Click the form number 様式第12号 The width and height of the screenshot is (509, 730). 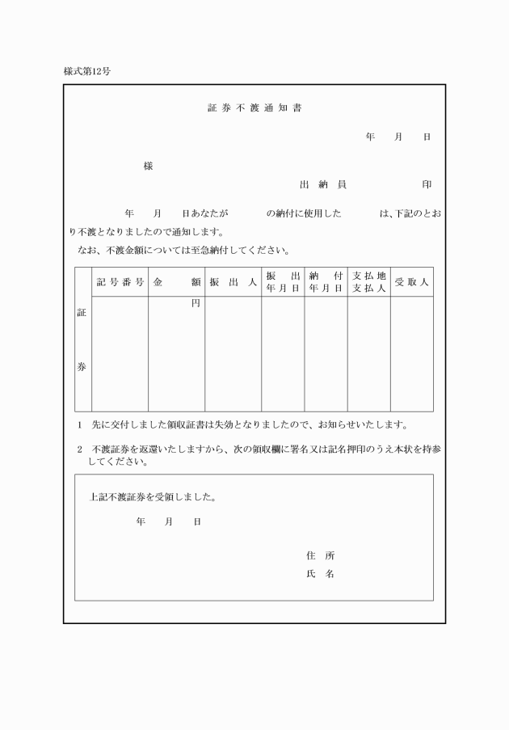pos(87,71)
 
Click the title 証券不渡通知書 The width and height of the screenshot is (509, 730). pos(254,108)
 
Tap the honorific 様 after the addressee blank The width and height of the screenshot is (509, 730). pos(148,167)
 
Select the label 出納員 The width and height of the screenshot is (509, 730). pos(323,184)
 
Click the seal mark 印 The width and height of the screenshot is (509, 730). pos(427,184)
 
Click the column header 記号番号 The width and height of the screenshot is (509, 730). pos(120,282)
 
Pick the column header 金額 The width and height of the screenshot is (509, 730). pos(176,282)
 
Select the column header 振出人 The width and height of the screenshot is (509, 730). pos(233,282)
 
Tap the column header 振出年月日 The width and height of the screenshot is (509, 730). pos(283,282)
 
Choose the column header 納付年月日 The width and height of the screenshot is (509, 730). pos(326,282)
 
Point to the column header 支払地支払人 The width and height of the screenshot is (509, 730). pos(369,282)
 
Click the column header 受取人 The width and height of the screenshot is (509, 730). pos(412,282)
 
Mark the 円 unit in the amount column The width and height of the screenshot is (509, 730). pos(195,304)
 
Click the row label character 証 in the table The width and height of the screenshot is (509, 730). pos(82,312)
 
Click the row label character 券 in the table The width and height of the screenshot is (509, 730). pos(82,366)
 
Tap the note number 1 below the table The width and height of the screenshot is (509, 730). pos(79,424)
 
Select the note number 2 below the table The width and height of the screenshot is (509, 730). pos(79,449)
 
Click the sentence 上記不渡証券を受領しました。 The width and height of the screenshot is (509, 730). pos(153,497)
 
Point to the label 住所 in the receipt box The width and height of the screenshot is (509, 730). pos(321,555)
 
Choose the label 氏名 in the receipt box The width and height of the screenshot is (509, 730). pos(321,574)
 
